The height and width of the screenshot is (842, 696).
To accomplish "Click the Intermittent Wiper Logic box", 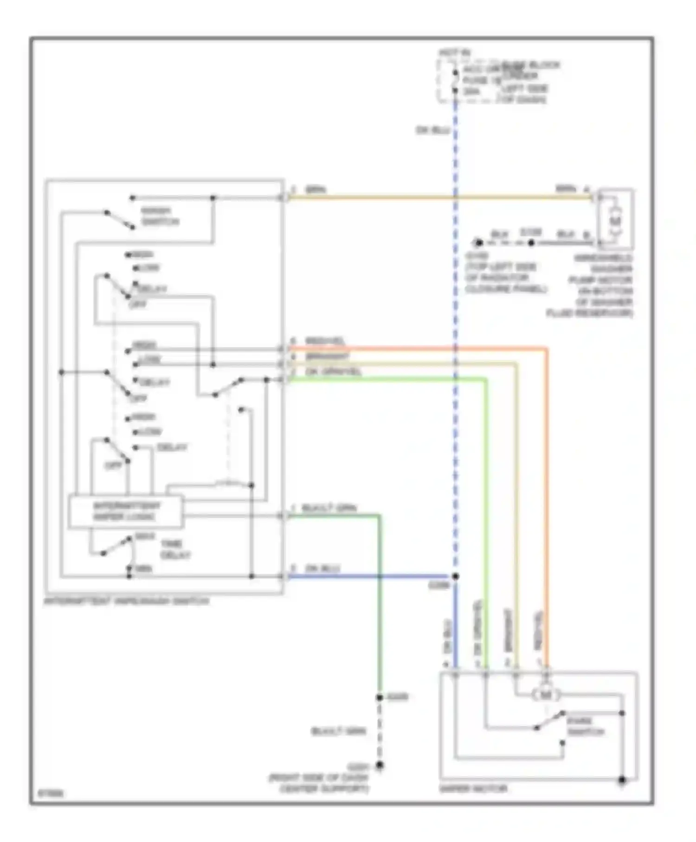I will click(126, 512).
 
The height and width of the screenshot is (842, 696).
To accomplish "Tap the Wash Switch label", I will click(160, 216).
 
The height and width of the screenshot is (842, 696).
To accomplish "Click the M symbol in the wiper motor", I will click(546, 695).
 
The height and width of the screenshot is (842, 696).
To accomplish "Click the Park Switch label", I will click(586, 726).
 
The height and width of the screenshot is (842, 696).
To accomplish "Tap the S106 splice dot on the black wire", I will click(532, 243).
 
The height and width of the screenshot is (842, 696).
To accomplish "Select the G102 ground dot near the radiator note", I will click(478, 243).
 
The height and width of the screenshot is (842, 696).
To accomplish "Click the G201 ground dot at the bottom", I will click(380, 765).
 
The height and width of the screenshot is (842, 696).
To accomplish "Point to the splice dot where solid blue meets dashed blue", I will click(456, 576).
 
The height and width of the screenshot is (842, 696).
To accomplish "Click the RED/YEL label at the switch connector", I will click(325, 342).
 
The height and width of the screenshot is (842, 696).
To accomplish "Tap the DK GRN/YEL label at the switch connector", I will click(333, 372).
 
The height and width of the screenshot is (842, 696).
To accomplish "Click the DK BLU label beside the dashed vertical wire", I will click(432, 130).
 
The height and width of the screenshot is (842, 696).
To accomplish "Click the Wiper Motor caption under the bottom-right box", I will click(473, 789).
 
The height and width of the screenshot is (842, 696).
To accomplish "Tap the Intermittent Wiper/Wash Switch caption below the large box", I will click(127, 601).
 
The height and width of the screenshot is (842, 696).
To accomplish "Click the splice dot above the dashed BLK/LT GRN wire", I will click(380, 698).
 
